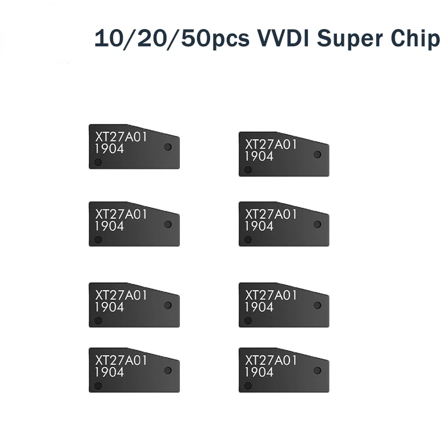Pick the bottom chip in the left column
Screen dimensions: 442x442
[x=134, y=370]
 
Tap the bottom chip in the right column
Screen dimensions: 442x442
[x=284, y=370]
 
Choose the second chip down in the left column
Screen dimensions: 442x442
[x=134, y=224]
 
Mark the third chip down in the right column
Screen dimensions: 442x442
[x=284, y=305]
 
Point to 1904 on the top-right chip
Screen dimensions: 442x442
[x=259, y=156]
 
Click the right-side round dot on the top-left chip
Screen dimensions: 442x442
[x=167, y=147]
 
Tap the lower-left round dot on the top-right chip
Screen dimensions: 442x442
[x=247, y=170]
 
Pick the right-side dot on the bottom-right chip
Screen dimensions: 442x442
[x=317, y=370]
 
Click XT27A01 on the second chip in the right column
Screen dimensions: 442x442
[x=271, y=214]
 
